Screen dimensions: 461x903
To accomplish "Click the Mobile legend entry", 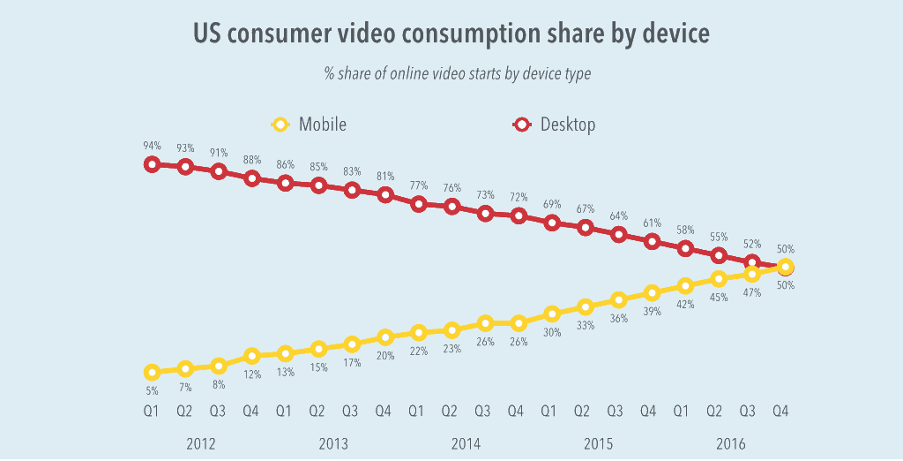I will [309, 125].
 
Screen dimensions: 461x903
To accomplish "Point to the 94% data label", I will [152, 146].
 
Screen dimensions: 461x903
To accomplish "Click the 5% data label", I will [152, 390].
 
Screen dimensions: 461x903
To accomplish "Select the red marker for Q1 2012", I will [152, 164].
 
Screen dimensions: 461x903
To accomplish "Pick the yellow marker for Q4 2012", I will [252, 356].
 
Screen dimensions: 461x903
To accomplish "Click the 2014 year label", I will [466, 443].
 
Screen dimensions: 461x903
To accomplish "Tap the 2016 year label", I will [730, 443].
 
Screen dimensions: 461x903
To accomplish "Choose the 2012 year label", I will [201, 443].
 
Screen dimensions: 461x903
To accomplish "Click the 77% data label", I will [418, 185].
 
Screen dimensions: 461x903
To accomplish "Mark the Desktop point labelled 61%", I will [653, 241].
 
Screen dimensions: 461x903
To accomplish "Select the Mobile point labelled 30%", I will [552, 314].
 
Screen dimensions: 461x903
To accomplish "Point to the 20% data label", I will [384, 356].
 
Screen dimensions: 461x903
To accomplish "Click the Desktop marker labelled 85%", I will [318, 185].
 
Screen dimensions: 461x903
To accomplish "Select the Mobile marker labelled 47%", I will [752, 275].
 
